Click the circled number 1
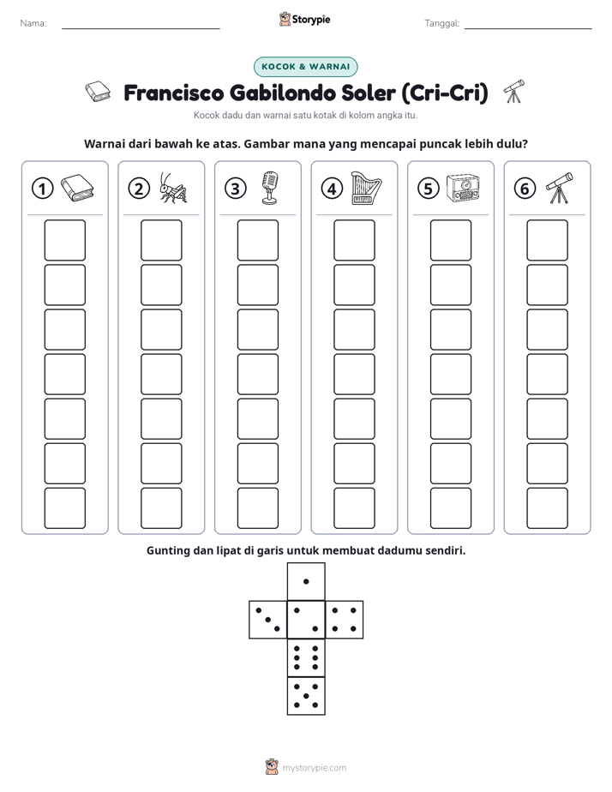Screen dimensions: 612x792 click(x=42, y=189)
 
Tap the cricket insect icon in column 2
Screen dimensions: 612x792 click(x=173, y=188)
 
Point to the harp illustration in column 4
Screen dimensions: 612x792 click(x=367, y=188)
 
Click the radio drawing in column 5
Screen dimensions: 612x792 click(x=463, y=189)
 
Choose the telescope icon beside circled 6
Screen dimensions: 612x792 click(x=560, y=188)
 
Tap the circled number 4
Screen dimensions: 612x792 click(x=332, y=189)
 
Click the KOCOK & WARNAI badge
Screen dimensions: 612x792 click(x=305, y=67)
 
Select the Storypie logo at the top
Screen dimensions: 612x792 click(x=304, y=20)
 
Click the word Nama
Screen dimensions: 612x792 click(x=33, y=23)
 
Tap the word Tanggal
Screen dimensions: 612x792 click(x=442, y=23)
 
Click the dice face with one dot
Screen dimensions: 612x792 click(x=306, y=582)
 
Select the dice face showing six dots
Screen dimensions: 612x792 click(x=306, y=657)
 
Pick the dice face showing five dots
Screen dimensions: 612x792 click(x=306, y=696)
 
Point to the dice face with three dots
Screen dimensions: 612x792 click(x=268, y=620)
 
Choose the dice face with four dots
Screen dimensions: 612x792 click(x=345, y=620)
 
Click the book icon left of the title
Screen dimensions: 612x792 click(x=98, y=92)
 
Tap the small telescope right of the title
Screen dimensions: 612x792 click(x=514, y=92)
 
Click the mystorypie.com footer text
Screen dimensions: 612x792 click(x=314, y=768)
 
